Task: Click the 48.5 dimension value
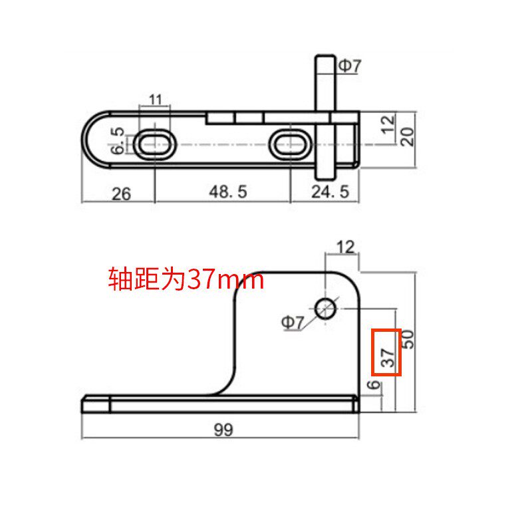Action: coord(227,192)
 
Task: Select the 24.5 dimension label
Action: coord(330,192)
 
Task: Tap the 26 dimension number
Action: coord(121,194)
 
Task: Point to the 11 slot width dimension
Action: coord(155,100)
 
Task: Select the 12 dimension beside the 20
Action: coord(389,123)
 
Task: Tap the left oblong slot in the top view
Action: coord(155,144)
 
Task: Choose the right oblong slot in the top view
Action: coord(291,144)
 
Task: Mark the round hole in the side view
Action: coord(325,308)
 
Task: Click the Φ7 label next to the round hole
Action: coord(293,323)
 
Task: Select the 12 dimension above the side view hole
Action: coord(345,247)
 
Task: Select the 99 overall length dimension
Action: coord(223,430)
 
